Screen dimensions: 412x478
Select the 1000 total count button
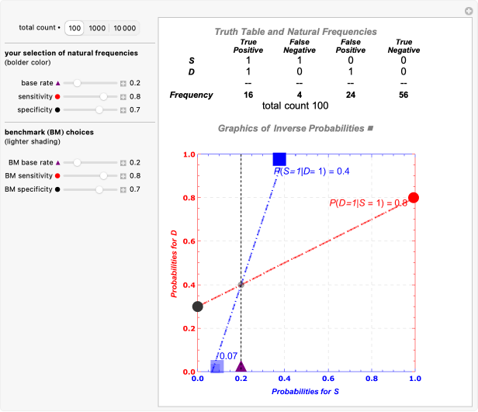[x=97, y=28]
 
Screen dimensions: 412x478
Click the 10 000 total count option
[x=124, y=28]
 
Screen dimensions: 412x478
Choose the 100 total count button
[x=74, y=28]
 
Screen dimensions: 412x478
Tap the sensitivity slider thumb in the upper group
[x=104, y=96]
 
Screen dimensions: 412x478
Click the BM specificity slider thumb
[x=99, y=189]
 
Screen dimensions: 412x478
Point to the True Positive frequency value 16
[x=248, y=95]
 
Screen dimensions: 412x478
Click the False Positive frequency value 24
[x=350, y=95]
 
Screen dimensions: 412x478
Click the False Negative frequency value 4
[x=300, y=95]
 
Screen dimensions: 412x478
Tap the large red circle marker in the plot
[x=414, y=198]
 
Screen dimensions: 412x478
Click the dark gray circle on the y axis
[x=198, y=306]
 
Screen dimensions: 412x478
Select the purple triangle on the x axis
[x=241, y=366]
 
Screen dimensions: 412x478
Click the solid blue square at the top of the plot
[x=279, y=159]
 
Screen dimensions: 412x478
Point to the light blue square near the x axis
[x=217, y=366]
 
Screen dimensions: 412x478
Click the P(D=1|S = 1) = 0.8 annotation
[x=369, y=203]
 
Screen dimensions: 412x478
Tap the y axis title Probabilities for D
[x=175, y=263]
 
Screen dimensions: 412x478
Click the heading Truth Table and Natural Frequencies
[x=296, y=32]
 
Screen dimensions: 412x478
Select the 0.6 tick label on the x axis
[x=327, y=379]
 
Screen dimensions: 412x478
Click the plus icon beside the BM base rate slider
[x=123, y=163]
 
